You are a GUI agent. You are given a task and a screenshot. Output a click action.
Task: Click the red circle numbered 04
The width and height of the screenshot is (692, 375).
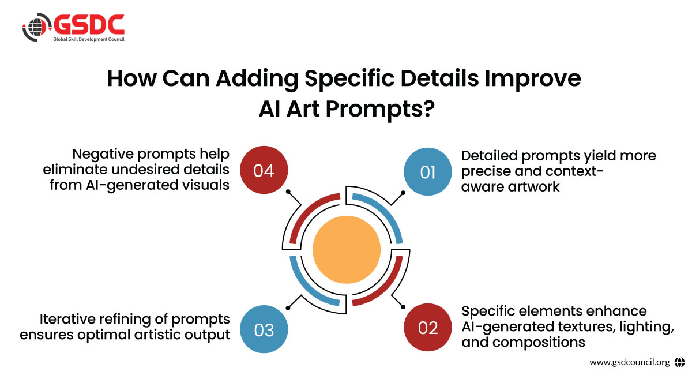(264, 170)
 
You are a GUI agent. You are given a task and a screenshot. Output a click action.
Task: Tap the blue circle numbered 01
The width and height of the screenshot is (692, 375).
(427, 171)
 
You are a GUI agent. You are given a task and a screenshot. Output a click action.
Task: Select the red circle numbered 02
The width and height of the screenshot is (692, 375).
(427, 327)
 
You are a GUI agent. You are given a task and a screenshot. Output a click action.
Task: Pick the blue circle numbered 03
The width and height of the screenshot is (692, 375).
(264, 329)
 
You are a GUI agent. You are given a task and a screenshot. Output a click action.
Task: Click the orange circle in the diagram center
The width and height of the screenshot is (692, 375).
(347, 250)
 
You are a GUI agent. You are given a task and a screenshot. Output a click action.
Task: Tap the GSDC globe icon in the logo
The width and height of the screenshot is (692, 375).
(37, 27)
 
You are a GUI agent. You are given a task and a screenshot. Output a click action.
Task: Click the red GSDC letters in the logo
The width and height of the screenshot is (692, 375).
(89, 25)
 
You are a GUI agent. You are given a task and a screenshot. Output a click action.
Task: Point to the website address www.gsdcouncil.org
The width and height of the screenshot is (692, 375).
(629, 362)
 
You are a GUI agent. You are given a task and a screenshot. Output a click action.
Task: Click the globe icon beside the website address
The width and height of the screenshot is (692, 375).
(679, 362)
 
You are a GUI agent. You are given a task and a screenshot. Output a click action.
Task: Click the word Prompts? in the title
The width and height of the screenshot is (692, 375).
(380, 110)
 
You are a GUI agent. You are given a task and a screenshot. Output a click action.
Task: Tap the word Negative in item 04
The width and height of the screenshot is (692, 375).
(103, 154)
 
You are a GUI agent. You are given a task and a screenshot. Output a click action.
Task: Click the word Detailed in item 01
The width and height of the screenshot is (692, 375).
(490, 156)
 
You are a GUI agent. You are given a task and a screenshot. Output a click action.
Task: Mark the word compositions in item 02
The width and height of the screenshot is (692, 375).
(539, 343)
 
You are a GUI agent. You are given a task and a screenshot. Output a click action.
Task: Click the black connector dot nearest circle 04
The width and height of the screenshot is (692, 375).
(288, 192)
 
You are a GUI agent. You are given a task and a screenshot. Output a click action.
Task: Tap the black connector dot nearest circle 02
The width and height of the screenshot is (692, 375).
(403, 307)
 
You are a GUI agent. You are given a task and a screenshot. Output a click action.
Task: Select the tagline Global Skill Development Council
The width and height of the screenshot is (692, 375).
(89, 39)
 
